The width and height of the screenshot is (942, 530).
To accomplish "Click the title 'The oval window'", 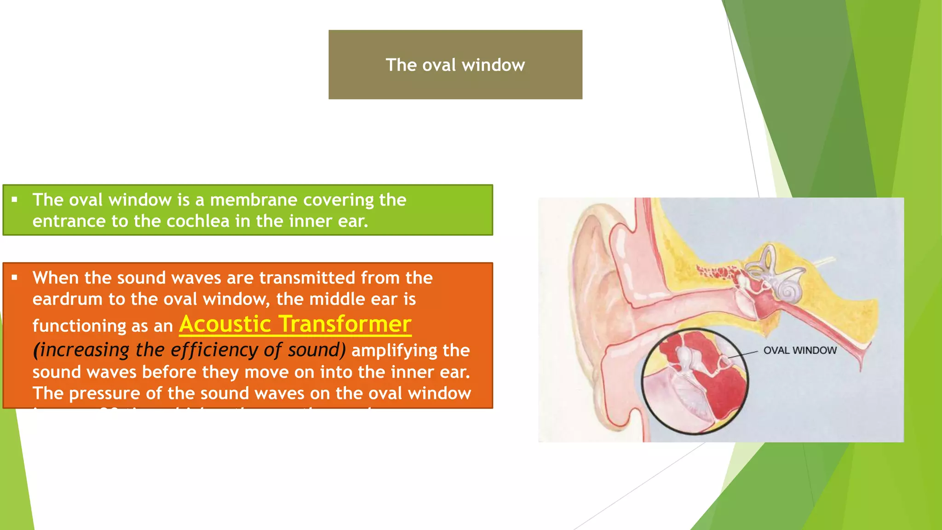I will point(455,65).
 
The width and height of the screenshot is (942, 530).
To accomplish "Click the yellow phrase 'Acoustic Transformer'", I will point(295,324).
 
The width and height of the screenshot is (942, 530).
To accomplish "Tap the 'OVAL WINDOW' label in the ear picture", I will point(799,350).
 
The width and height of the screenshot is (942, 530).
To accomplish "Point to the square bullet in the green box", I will point(15,200).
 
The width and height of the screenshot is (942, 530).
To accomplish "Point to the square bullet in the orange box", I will point(15,277).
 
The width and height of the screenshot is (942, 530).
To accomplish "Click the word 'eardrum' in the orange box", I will point(67,300).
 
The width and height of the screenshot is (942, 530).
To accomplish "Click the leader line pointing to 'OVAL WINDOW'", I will point(743,355).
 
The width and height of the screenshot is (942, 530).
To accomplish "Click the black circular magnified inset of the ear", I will point(695,382).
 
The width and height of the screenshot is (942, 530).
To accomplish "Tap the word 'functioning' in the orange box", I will point(78,326).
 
